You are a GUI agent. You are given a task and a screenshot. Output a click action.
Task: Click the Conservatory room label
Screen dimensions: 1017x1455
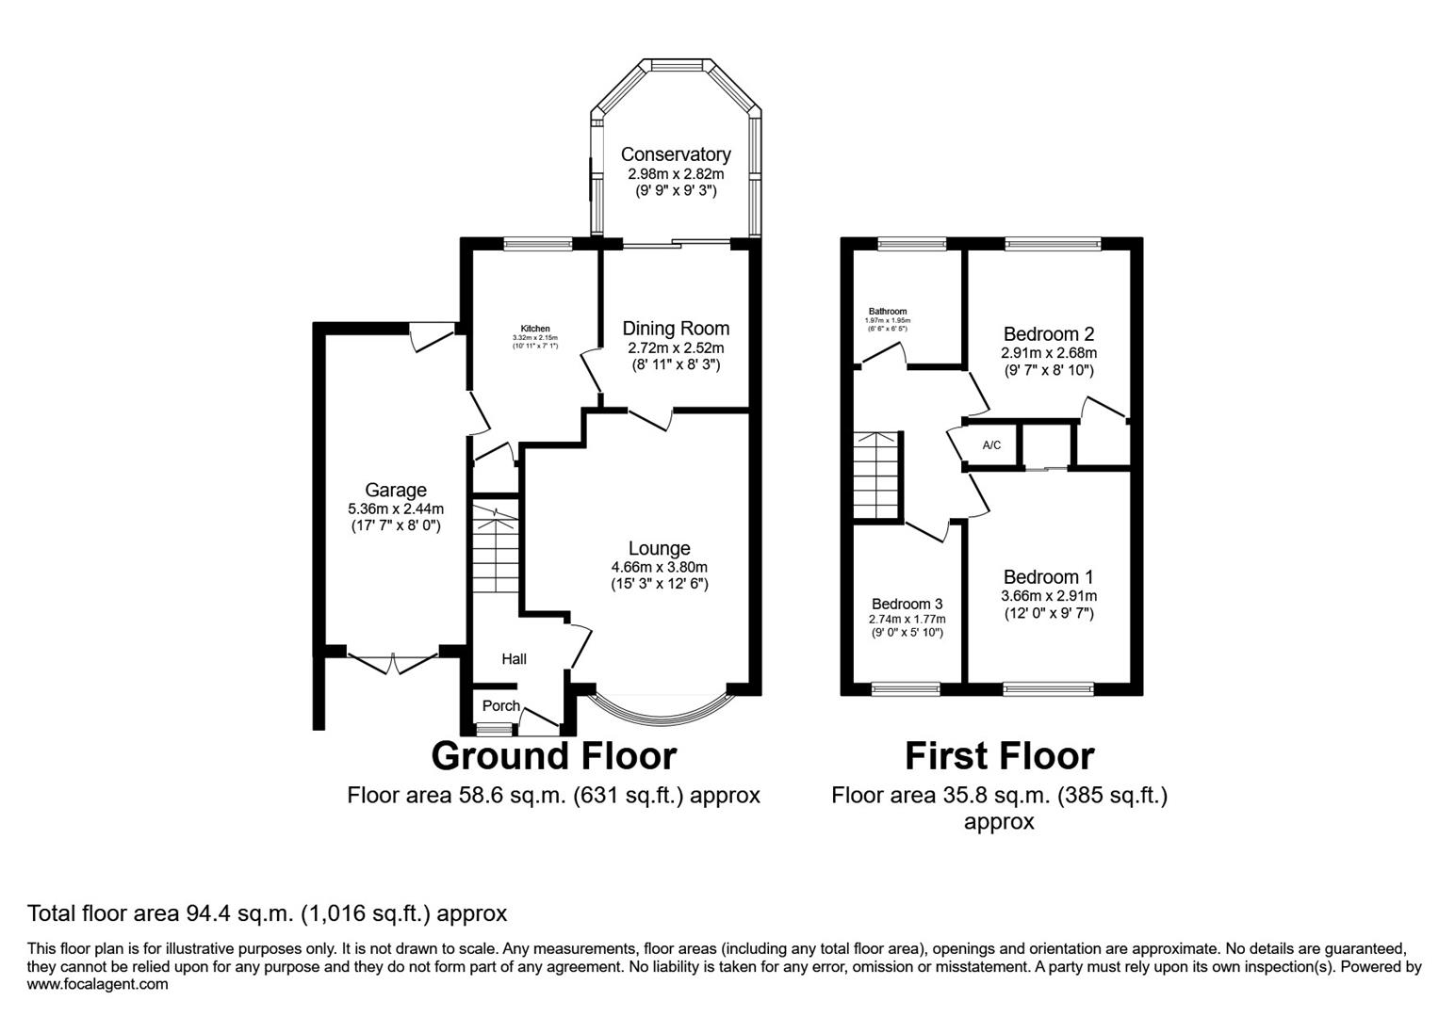(x=675, y=154)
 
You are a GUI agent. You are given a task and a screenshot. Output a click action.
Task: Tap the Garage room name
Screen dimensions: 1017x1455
(x=395, y=490)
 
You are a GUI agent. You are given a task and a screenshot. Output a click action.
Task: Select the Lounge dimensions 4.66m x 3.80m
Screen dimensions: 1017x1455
(x=659, y=567)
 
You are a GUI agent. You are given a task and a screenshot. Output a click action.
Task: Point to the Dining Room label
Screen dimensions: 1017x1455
(x=675, y=329)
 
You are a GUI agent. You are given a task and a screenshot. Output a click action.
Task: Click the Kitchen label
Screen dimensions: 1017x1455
(x=535, y=329)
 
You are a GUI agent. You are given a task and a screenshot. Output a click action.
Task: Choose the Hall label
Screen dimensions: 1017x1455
(x=514, y=659)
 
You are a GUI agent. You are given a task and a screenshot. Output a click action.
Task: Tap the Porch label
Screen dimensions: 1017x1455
(x=500, y=706)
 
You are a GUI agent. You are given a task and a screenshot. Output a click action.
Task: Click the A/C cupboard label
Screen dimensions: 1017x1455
(x=991, y=445)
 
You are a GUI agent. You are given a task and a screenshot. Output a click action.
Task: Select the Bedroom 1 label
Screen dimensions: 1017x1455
(x=1048, y=577)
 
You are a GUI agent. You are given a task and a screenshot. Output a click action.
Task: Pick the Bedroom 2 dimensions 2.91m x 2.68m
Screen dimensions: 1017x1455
(x=1048, y=353)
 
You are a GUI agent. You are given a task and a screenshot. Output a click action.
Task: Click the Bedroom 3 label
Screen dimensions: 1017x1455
(x=907, y=604)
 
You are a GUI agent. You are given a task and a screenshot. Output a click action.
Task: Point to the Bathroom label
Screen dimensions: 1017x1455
(x=887, y=312)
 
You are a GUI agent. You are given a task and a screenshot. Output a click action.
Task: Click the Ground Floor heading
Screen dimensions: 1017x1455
(x=553, y=756)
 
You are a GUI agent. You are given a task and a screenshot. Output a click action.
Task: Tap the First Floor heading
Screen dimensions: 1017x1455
(x=999, y=756)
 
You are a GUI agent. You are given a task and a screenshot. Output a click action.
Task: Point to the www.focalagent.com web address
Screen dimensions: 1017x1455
(x=98, y=985)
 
